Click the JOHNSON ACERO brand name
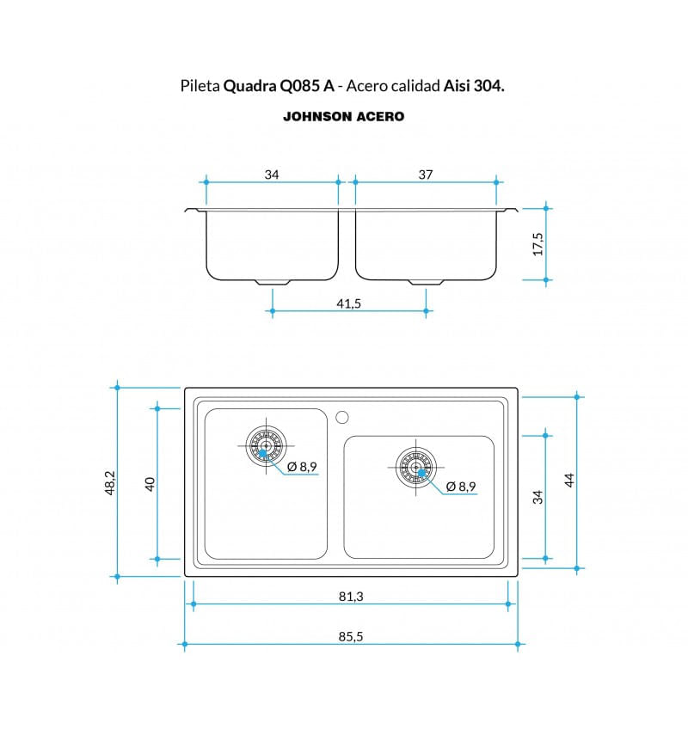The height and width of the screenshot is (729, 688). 344,116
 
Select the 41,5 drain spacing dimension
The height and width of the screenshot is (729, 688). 349,303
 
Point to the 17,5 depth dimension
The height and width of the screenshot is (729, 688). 537,244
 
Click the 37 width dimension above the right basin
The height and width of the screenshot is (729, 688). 426,175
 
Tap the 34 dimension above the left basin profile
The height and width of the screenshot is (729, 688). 272,175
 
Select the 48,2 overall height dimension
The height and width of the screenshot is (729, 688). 110,482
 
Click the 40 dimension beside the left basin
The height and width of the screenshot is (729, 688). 150,484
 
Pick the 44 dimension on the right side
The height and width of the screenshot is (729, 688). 569,481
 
